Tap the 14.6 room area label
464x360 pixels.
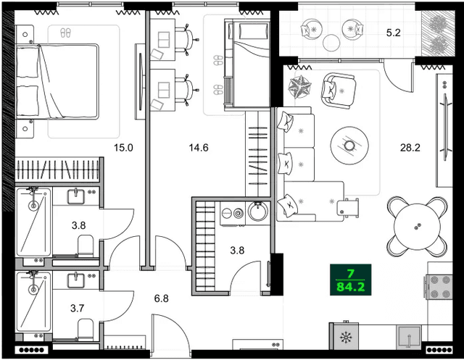click(199, 148)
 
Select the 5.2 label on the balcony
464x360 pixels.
click(394, 33)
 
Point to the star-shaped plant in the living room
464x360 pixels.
click(299, 86)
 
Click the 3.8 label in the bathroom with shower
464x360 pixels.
click(78, 225)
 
